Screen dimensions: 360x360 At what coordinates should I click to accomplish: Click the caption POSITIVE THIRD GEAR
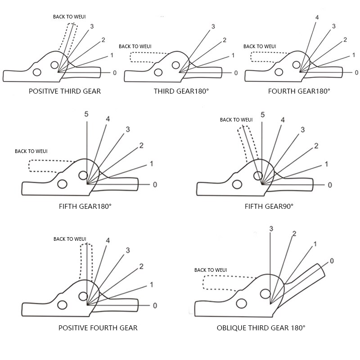pyautogui.click(x=65, y=91)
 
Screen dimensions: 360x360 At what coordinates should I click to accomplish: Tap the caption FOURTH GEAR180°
pyautogui.click(x=299, y=91)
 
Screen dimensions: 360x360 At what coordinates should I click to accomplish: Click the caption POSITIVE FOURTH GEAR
pyautogui.click(x=98, y=328)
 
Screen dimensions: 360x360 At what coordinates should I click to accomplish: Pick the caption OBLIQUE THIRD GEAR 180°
pyautogui.click(x=261, y=328)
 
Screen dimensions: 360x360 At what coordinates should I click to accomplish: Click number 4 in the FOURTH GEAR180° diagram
pyautogui.click(x=317, y=18)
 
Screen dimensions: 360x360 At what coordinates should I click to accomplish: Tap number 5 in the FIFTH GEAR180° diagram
pyautogui.click(x=86, y=114)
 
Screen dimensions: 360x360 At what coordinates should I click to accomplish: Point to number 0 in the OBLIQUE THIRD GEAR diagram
pyautogui.click(x=332, y=261)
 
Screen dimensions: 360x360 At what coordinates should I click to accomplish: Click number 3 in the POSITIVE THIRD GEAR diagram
pyautogui.click(x=92, y=27)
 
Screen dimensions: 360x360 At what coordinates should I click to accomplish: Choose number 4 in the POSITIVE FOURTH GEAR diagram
pyautogui.click(x=108, y=240)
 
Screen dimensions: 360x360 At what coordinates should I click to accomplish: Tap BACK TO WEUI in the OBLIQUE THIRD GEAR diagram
pyautogui.click(x=211, y=270)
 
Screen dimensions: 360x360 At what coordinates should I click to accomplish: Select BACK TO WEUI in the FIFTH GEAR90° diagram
pyautogui.click(x=236, y=120)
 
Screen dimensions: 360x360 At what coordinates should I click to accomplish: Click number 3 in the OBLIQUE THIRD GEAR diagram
pyautogui.click(x=271, y=229)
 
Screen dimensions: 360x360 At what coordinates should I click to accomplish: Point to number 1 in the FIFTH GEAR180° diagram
pyautogui.click(x=152, y=163)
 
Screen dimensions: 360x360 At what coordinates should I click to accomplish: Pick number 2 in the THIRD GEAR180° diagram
pyautogui.click(x=224, y=40)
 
